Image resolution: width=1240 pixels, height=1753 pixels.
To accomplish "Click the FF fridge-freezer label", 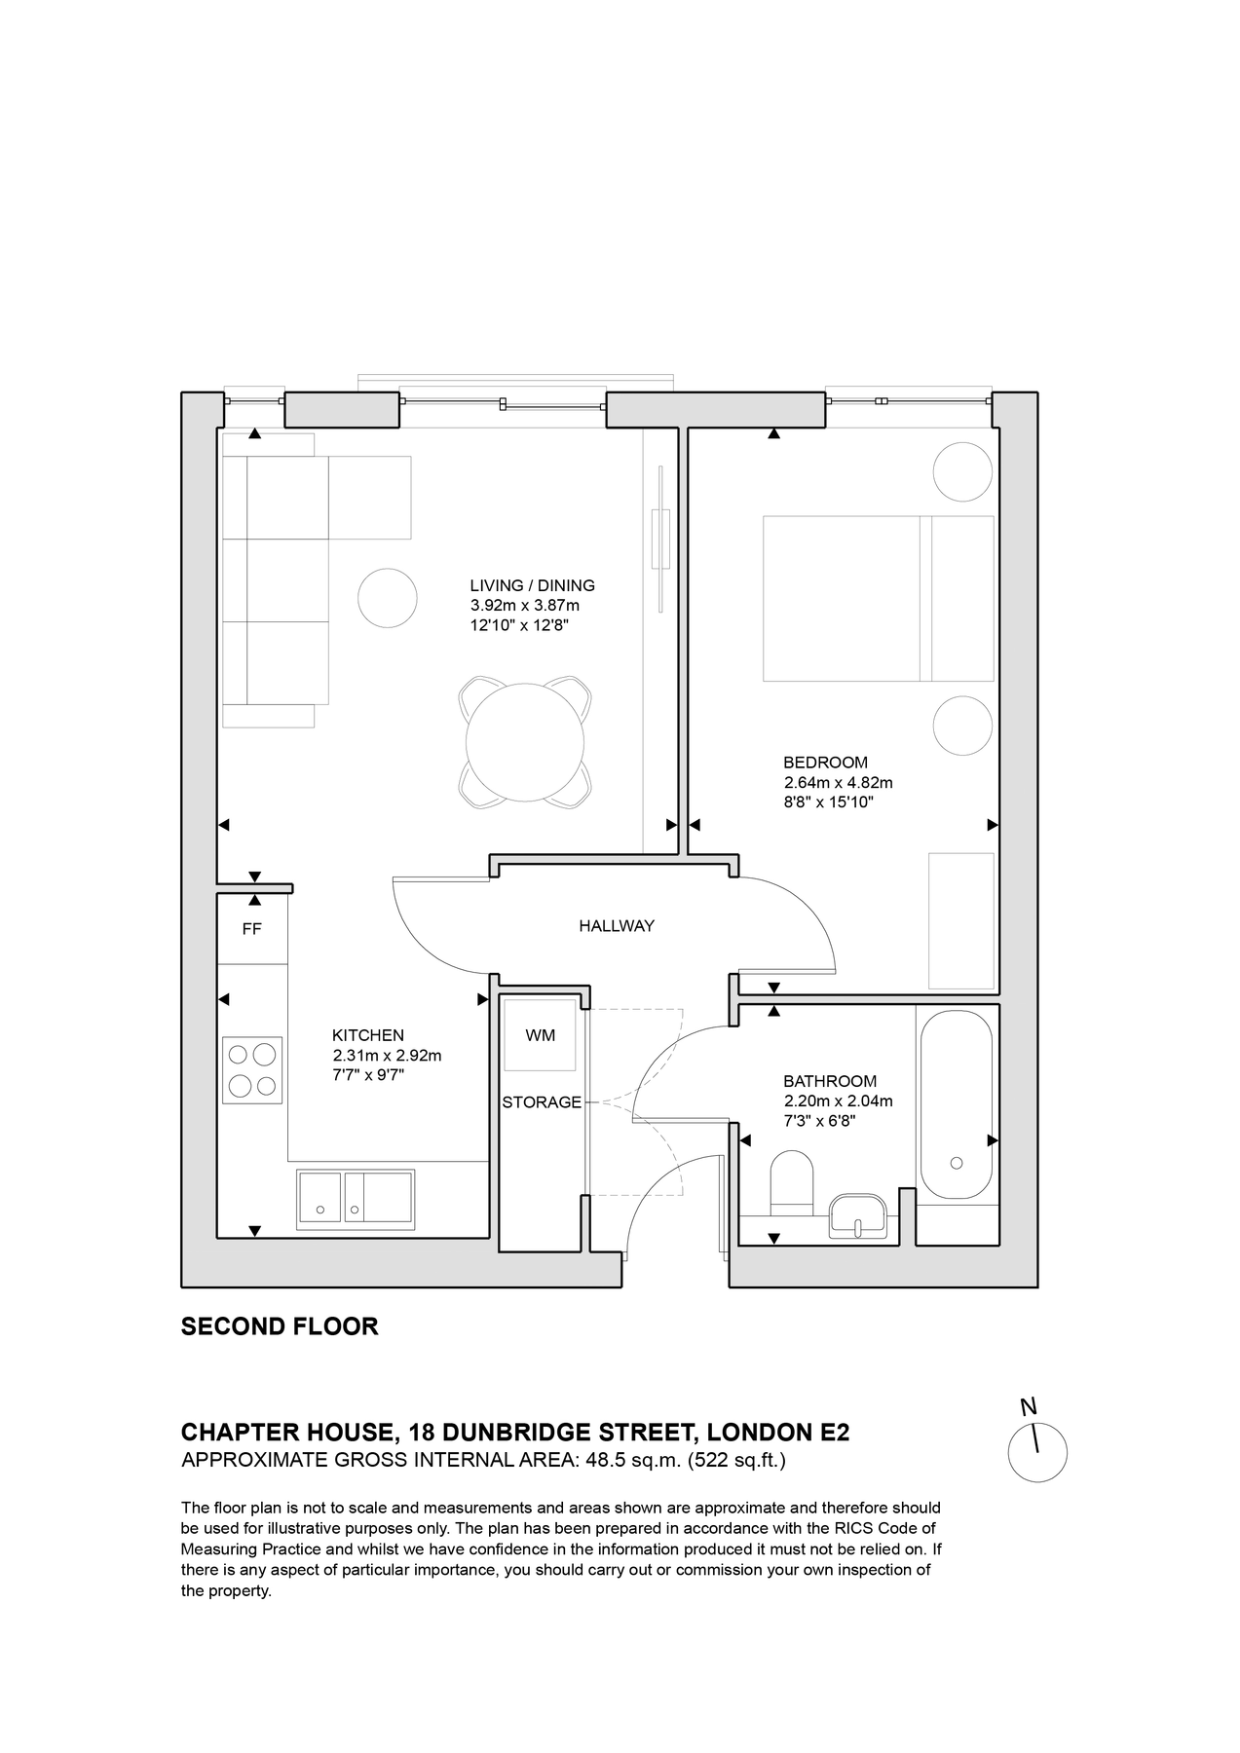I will click(251, 929).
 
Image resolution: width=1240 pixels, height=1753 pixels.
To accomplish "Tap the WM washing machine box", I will click(541, 1035).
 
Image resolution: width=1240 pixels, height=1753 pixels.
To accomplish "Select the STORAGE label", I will click(542, 1102).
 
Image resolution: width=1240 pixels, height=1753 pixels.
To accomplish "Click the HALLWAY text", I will click(617, 926).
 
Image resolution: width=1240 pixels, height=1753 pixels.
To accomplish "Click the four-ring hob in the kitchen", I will click(252, 1069).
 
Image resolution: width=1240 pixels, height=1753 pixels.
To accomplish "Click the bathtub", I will click(957, 1105).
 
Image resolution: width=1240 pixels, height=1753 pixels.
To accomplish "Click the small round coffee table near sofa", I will click(388, 598).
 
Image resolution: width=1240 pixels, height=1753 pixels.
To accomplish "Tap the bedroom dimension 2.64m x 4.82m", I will click(838, 783).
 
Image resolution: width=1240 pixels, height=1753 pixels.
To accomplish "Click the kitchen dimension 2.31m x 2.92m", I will click(387, 1056).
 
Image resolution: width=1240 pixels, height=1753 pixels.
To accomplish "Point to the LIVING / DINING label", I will click(532, 585).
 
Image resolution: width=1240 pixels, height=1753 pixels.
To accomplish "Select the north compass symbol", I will click(1036, 1452).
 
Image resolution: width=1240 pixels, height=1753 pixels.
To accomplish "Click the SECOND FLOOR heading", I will click(280, 1326).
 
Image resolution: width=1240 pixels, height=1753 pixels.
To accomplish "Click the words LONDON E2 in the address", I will click(778, 1433).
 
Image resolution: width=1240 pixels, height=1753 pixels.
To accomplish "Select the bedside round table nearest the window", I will click(962, 472).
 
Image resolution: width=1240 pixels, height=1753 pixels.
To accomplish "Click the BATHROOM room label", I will click(830, 1081).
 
